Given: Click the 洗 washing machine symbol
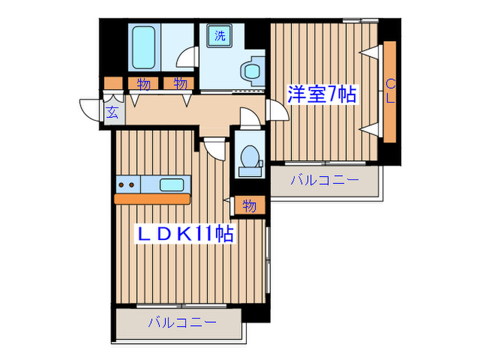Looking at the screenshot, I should (219, 36).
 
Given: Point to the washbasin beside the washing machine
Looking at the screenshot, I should (252, 69).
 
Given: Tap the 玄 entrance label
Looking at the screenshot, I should (112, 112).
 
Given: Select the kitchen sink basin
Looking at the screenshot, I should (171, 184).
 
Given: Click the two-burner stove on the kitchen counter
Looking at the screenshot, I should (127, 184).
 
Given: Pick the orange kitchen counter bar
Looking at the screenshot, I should (152, 199).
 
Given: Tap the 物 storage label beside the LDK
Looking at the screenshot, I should (249, 206).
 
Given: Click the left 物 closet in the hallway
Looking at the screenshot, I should (143, 84).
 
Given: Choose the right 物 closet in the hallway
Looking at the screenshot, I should (180, 84).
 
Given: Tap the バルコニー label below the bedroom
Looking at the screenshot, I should (324, 181).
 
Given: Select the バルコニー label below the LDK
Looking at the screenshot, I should (182, 322).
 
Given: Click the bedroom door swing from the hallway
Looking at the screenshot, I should (276, 109).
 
